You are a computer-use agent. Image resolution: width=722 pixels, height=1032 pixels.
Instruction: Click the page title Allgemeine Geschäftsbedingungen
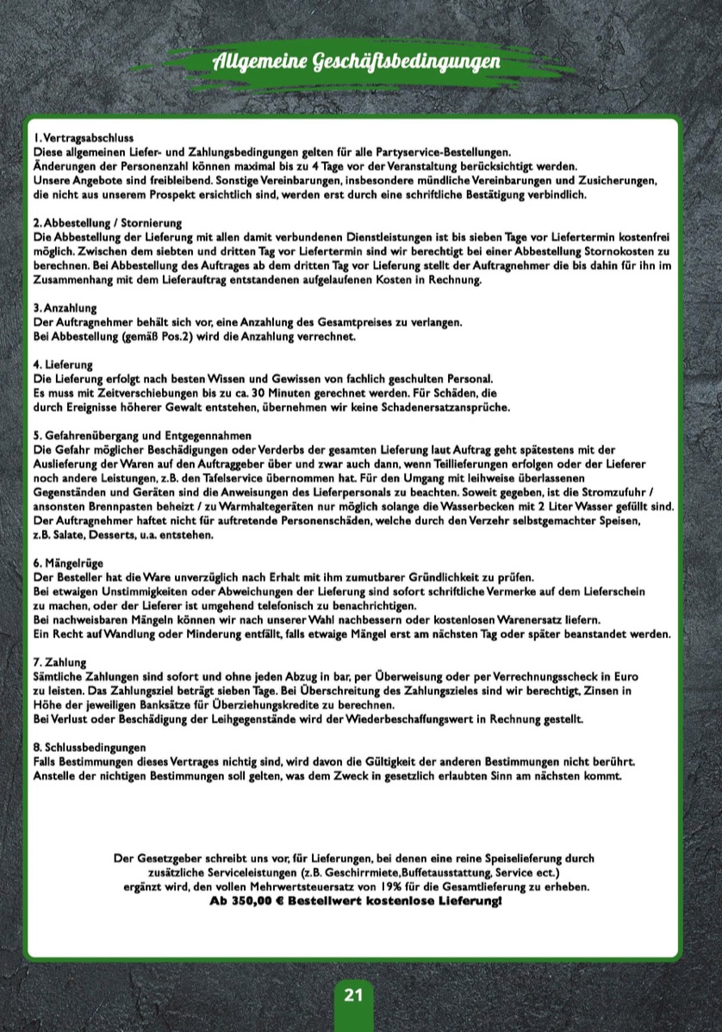(356, 63)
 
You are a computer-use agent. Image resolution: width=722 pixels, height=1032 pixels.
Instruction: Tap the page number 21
(353, 995)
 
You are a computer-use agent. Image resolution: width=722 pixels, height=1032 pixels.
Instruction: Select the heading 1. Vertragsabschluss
(84, 138)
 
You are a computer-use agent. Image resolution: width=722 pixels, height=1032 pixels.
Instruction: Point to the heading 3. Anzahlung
(65, 308)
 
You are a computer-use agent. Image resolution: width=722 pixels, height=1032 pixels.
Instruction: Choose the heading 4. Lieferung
(63, 365)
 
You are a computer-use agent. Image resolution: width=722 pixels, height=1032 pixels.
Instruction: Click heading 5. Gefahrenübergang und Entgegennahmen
(142, 436)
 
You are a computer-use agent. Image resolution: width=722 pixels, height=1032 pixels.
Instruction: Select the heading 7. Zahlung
(60, 662)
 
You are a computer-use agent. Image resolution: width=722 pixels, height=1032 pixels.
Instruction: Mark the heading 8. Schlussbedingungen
(90, 747)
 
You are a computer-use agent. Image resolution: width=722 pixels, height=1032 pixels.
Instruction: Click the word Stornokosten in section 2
(623, 252)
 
